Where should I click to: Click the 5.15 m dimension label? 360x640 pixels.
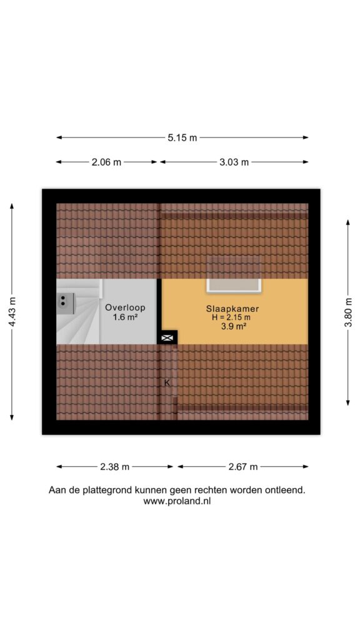point(182,137)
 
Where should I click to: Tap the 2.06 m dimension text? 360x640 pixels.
point(106,162)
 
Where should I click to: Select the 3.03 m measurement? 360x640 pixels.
point(234,162)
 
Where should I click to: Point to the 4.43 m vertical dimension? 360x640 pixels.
point(12,312)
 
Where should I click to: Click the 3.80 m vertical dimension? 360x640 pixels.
point(348,312)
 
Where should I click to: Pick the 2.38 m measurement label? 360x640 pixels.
point(115,466)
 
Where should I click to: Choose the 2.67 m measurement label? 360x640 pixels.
point(243,466)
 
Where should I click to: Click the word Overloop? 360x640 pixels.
point(125,307)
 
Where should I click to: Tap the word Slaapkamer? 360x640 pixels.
point(233,309)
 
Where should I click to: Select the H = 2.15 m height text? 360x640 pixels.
point(234,317)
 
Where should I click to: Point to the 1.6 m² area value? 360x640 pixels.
point(125,317)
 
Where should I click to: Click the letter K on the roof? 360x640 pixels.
point(167,382)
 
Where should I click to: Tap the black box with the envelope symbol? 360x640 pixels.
point(167,337)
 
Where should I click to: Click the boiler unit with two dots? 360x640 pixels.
point(65,303)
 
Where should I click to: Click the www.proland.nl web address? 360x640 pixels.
point(177,502)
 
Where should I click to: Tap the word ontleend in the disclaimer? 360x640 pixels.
point(287,490)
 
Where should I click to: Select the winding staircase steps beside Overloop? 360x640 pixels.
point(79,312)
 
